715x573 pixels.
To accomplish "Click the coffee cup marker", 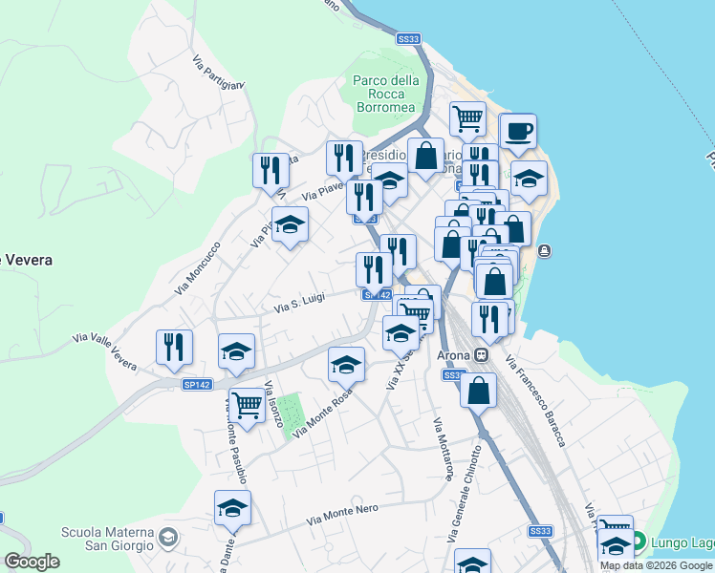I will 518,132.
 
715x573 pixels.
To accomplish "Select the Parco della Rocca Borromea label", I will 387,87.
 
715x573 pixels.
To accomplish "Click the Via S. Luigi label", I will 300,302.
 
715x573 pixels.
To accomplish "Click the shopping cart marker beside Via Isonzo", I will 248,404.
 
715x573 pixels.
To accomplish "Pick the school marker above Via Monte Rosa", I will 346,364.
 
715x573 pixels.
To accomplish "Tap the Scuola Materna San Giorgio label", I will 107,539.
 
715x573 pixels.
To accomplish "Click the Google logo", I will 32,562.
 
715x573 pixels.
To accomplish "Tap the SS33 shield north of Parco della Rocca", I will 408,39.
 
